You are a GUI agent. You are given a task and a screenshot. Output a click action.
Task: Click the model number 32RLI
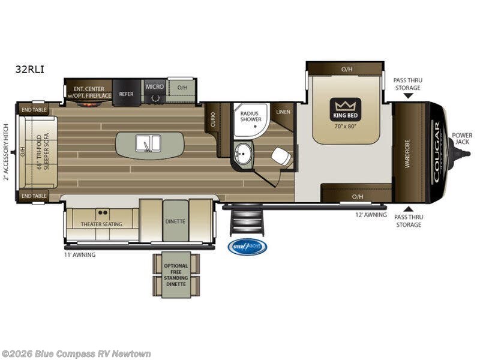point(29,69)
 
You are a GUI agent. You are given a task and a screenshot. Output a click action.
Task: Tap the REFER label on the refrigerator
point(126,94)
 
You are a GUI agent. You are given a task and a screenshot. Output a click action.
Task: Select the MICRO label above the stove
point(154,86)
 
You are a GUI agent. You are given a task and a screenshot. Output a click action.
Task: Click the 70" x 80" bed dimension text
point(345,126)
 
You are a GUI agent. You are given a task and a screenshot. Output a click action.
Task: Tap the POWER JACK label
point(462,138)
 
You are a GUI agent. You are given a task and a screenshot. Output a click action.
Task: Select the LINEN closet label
point(283,112)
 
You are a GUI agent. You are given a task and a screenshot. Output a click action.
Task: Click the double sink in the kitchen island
point(148,143)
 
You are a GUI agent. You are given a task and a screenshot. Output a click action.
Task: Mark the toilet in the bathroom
point(280,156)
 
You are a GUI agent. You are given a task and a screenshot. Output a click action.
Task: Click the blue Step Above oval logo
point(247,247)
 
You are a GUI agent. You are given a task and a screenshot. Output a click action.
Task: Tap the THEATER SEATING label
point(101,224)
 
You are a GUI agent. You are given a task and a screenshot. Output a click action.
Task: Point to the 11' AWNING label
point(80,254)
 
